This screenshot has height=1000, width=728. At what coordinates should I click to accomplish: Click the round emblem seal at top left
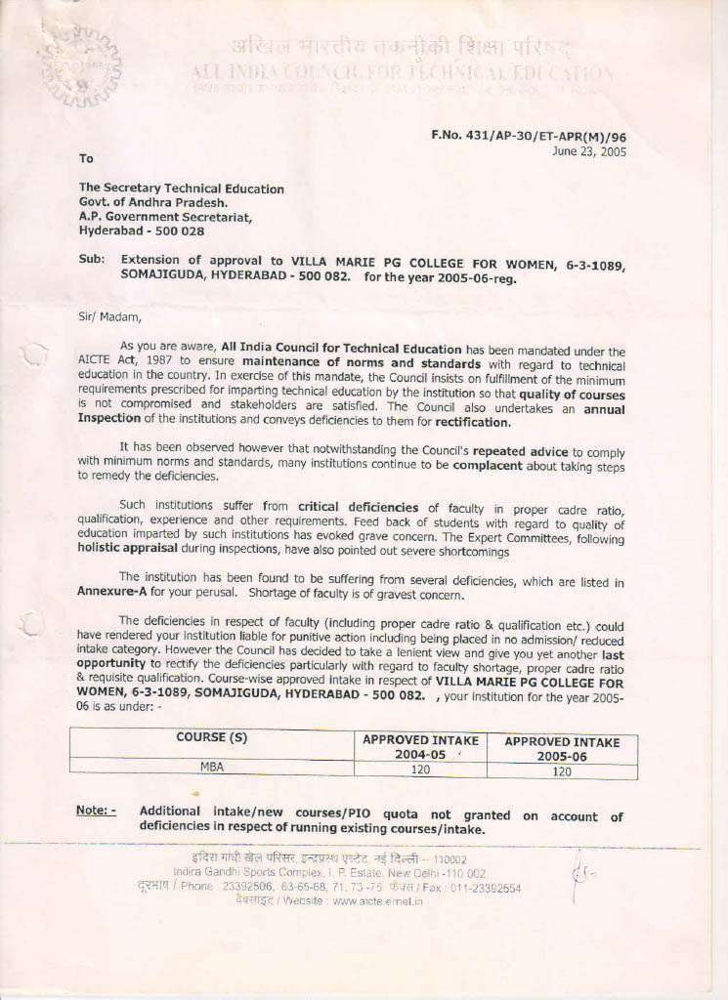click(x=81, y=66)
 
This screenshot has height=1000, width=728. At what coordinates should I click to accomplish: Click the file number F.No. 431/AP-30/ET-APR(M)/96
click(x=529, y=137)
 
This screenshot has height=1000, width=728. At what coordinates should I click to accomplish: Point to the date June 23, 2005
click(x=589, y=151)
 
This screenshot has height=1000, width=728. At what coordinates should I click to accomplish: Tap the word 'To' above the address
click(x=86, y=158)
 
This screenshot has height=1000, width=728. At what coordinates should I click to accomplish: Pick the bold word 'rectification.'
click(x=473, y=422)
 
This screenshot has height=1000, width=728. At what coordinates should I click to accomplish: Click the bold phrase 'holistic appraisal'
click(x=132, y=549)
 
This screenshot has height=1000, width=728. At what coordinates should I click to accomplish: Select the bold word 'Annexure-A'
click(x=111, y=592)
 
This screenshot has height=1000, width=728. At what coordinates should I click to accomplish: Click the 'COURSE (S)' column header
click(x=211, y=737)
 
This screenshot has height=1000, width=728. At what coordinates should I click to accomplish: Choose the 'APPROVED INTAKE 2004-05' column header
click(x=420, y=748)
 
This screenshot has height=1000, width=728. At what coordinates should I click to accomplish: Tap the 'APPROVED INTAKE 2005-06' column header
click(x=562, y=749)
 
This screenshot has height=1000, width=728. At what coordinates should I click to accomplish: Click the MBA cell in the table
click(x=211, y=767)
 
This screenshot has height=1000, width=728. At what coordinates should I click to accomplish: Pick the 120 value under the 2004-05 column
click(x=420, y=770)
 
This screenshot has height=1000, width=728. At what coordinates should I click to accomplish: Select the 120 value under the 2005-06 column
click(x=562, y=771)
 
